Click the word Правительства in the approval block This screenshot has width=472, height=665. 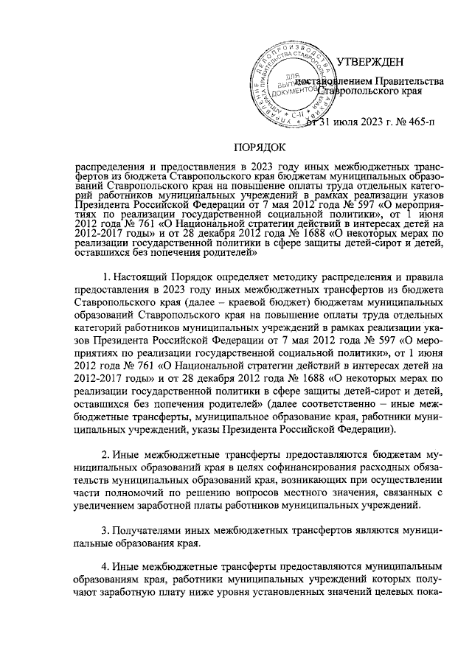click(409, 79)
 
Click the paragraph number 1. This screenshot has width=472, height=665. click(107, 276)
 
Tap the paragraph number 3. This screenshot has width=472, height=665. click(107, 531)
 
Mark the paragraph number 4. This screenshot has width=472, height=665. click(107, 567)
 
